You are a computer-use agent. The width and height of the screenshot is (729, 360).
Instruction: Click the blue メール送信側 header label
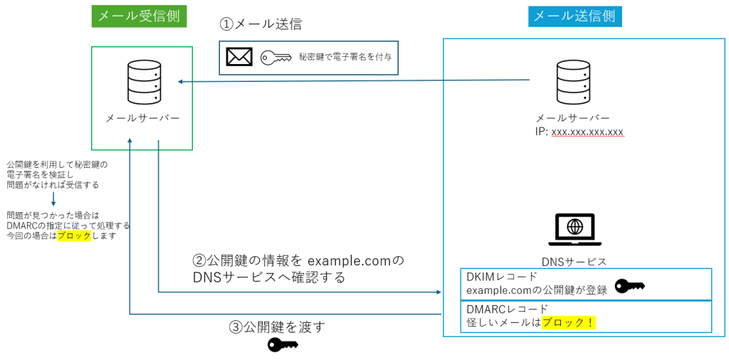pyautogui.click(x=575, y=16)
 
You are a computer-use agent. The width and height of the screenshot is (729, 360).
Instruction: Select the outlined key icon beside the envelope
pyautogui.click(x=277, y=57)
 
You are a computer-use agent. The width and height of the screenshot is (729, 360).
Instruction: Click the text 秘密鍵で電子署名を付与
pyautogui.click(x=345, y=58)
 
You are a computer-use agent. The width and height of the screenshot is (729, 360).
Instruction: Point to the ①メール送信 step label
pyautogui.click(x=261, y=23)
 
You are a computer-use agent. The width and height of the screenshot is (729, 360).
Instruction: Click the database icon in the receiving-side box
pyautogui.click(x=142, y=82)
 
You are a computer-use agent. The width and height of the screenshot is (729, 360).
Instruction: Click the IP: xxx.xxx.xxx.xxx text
pyautogui.click(x=579, y=132)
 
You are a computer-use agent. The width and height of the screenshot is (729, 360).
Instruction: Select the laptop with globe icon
pyautogui.click(x=574, y=230)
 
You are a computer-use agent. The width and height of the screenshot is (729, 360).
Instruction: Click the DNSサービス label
pyautogui.click(x=574, y=262)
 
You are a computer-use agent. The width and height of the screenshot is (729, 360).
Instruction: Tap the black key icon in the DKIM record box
pyautogui.click(x=629, y=286)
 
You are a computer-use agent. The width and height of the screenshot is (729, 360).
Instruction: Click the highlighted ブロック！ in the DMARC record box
pyautogui.click(x=568, y=323)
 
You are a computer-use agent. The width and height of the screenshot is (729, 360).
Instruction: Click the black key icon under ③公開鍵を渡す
pyautogui.click(x=282, y=345)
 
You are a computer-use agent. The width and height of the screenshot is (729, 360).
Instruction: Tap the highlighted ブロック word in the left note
pyautogui.click(x=74, y=235)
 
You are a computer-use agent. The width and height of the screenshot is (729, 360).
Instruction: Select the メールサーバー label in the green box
pyautogui.click(x=142, y=118)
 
